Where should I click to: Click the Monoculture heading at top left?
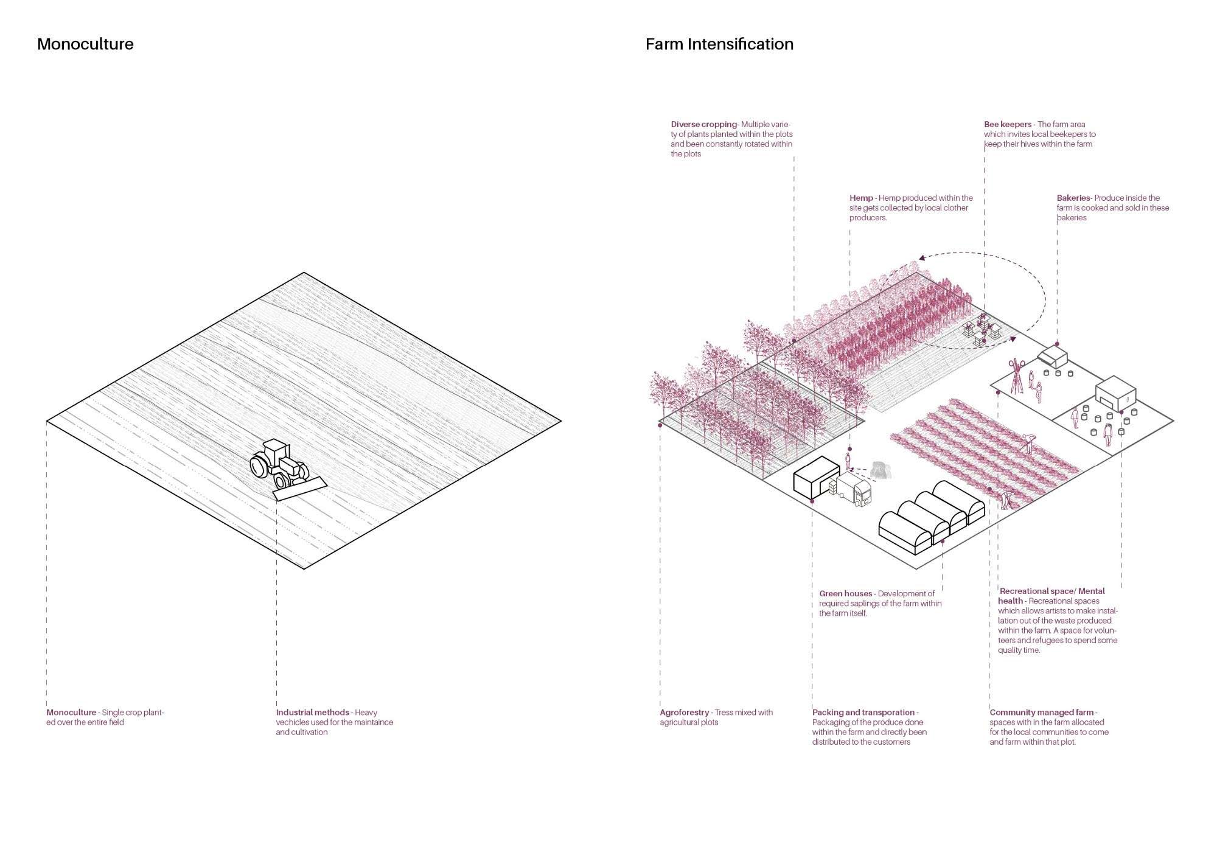85,44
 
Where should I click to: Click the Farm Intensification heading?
719,44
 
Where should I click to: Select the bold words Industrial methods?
312,712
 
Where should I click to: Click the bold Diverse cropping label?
703,125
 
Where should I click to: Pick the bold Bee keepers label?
1008,125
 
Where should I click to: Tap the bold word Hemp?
861,198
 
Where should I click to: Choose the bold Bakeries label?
1073,198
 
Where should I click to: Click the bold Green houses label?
845,593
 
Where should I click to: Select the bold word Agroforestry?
685,712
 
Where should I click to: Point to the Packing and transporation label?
863,712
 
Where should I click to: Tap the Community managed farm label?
1041,712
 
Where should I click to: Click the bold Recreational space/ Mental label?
1052,591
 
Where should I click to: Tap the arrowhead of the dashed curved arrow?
921,258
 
